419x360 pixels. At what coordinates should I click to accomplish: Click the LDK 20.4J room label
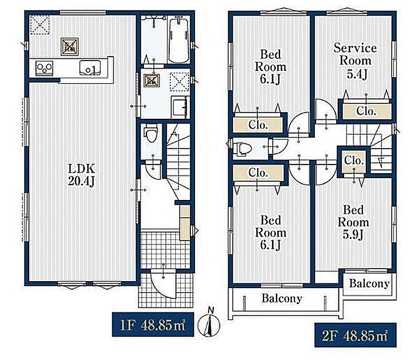tap(82, 175)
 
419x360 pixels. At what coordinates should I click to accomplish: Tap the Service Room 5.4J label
tap(355, 61)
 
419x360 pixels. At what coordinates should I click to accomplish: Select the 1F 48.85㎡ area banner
tap(153, 324)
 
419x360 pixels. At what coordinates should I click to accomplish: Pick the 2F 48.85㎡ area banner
tap(355, 335)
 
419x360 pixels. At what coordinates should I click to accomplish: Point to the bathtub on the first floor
tap(179, 39)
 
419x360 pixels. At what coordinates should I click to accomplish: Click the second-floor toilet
tap(242, 149)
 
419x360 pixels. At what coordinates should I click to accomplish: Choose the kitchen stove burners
tap(45, 68)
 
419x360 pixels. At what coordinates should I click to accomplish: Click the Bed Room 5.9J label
tap(353, 222)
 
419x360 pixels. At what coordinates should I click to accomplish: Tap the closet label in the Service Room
tap(366, 111)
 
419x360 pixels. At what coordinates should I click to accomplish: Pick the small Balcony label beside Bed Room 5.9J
tap(369, 283)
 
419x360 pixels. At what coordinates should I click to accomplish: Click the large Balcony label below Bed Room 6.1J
tap(282, 298)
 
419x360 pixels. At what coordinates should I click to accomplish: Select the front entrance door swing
tap(163, 283)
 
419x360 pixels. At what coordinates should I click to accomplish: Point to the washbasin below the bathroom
tap(179, 107)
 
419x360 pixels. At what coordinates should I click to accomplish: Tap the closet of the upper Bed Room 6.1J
tap(258, 125)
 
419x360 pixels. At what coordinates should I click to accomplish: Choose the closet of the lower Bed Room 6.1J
tap(258, 173)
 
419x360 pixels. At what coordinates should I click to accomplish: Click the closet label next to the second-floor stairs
tap(354, 161)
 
